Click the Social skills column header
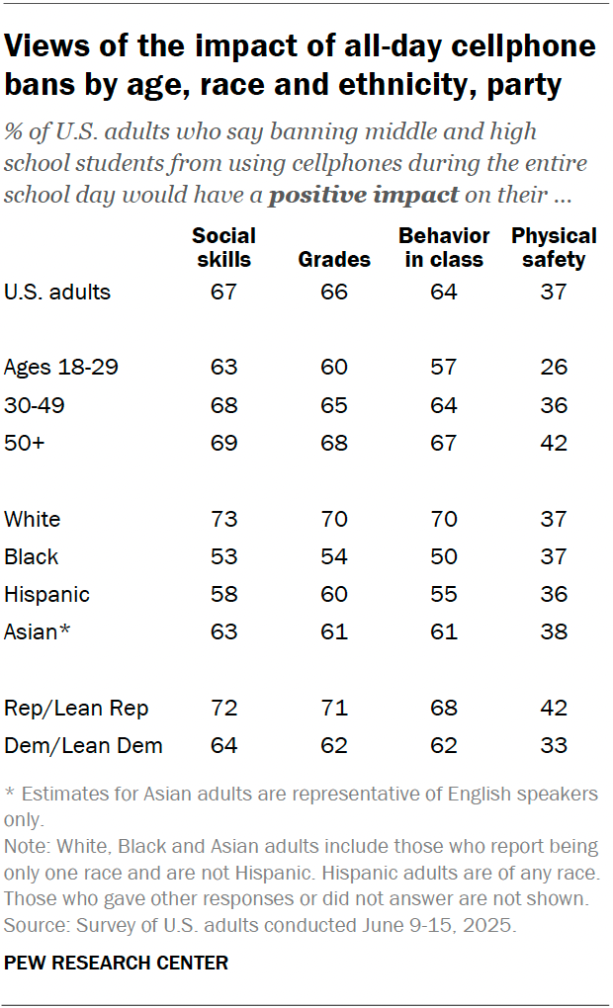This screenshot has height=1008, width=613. point(223,248)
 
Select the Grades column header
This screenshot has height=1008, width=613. point(333,261)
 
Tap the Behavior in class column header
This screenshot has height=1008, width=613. point(444,248)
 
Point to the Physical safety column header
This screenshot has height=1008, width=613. point(554,248)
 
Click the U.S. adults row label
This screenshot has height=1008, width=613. point(57,293)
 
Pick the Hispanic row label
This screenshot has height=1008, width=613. point(47,595)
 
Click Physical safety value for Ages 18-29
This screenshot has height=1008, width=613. point(554,368)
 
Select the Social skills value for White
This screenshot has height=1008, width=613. point(223,520)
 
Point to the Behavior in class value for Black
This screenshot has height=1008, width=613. point(444,557)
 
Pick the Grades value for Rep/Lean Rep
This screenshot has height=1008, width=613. point(333,709)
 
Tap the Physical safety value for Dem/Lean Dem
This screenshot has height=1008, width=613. point(554,746)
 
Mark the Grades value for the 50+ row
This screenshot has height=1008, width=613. point(333,444)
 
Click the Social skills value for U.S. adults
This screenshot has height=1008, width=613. point(223,293)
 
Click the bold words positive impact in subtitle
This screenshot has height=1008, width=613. point(364,194)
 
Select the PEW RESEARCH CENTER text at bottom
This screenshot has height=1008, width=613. point(117,963)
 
